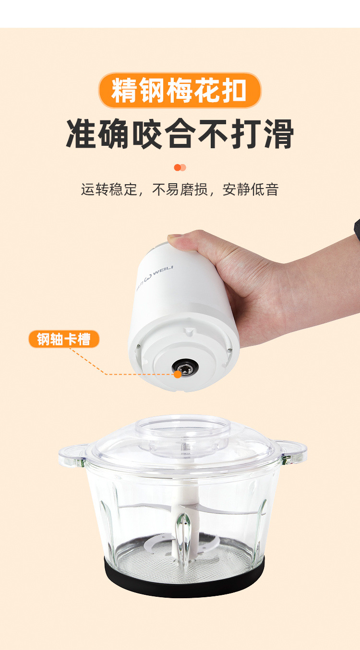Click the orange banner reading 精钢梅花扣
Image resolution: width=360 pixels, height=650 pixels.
coord(180,90)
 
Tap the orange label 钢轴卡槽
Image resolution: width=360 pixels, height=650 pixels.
coord(64,339)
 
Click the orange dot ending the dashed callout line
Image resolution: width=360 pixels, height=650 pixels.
coord(178,374)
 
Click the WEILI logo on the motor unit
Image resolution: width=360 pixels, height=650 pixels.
coord(156,276)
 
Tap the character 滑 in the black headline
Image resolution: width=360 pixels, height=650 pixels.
coord(279,133)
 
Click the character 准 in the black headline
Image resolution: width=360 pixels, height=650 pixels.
coord(81,133)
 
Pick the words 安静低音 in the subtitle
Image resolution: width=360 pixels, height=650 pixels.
coord(251,189)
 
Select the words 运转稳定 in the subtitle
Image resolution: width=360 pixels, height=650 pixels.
coord(109,189)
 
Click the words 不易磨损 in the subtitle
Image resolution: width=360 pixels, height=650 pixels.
coord(180,189)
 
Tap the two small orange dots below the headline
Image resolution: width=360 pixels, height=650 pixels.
coord(180,167)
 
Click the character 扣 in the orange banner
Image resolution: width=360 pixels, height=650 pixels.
coord(234,90)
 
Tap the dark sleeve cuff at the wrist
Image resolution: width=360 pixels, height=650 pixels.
coord(357,229)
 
